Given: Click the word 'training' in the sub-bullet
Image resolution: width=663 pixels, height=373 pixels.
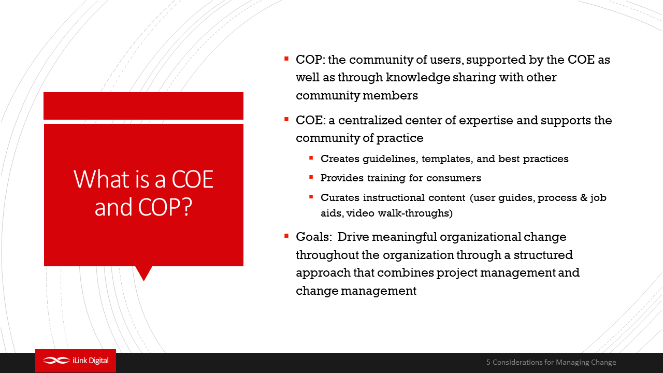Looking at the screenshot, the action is pos(386,178).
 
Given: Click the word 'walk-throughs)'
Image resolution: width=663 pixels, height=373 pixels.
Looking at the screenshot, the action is pos(415,213).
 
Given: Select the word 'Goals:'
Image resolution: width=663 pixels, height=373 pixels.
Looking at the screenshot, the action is pos(314,237).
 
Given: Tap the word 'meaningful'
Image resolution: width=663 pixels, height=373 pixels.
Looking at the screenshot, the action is pos(405,237).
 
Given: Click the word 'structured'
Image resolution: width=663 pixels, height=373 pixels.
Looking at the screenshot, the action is pos(543,255).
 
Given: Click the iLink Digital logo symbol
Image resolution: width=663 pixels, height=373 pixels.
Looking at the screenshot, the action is pos(56,360).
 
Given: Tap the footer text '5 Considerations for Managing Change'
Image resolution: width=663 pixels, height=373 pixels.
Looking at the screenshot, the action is pos(551,362).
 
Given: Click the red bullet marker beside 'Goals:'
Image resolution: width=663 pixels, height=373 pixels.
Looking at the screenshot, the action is pos(286,236).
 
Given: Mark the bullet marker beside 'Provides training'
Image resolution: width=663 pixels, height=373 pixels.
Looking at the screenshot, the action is pos(311,177).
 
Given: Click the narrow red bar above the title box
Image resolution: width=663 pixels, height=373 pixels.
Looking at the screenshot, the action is pos(143,106).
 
